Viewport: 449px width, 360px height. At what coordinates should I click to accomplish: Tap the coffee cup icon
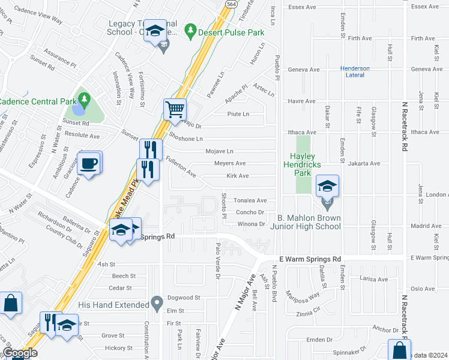click(89, 164)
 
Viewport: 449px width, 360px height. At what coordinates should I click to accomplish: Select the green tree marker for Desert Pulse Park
click(190, 29)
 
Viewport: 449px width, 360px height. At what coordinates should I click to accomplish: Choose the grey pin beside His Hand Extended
click(157, 302)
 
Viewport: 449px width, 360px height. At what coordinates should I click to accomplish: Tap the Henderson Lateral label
click(355, 72)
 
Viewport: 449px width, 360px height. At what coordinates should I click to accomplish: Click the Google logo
click(20, 353)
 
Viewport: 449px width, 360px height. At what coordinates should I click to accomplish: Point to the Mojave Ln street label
click(219, 151)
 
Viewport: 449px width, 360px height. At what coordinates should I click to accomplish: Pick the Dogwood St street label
click(184, 298)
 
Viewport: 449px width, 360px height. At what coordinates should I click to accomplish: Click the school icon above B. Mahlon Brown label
click(327, 187)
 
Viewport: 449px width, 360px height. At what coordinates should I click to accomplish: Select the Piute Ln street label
click(238, 113)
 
